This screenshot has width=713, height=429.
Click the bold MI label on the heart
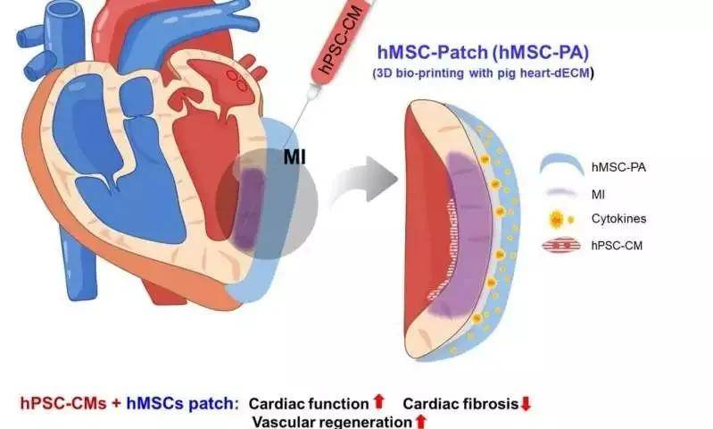coord(294,157)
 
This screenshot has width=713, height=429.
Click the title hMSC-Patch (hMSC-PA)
coord(483,53)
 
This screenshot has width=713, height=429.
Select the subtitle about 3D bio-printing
coord(483,73)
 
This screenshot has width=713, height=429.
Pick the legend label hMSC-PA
coord(618,167)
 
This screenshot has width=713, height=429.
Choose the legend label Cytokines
coord(618,219)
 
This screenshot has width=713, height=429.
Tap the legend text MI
coord(598,195)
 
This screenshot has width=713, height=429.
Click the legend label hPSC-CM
coord(617,246)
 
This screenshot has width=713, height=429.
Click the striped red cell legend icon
coord(561,246)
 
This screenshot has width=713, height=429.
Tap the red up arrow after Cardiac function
coord(378,402)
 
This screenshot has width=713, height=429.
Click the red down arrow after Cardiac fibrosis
coord(526,403)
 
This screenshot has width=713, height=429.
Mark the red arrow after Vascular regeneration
coord(421,421)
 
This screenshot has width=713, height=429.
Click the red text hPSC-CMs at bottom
coord(63,403)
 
